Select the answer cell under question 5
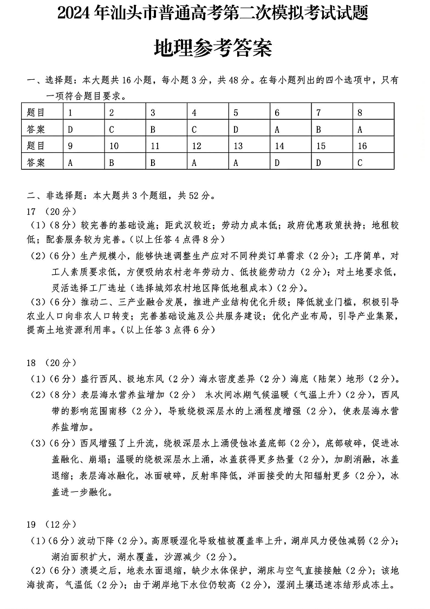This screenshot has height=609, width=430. click(x=236, y=130)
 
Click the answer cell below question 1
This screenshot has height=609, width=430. click(x=70, y=130)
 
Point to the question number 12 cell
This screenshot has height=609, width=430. click(x=197, y=146)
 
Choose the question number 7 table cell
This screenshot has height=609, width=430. click(x=318, y=113)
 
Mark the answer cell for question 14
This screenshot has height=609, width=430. click(x=277, y=162)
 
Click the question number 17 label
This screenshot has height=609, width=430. click(x=31, y=211)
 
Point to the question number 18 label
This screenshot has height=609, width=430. click(x=31, y=362)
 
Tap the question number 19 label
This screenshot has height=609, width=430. click(x=31, y=524)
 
